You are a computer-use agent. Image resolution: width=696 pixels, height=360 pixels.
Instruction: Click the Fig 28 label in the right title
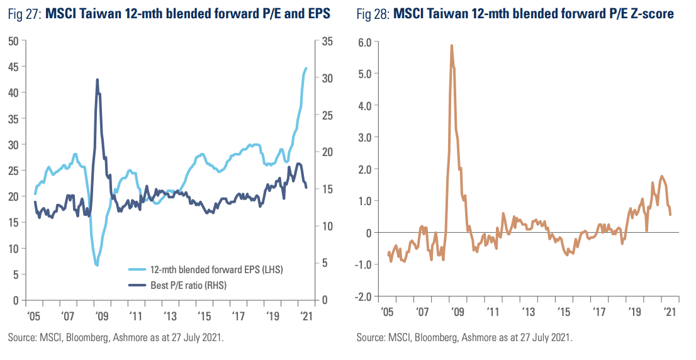[374, 13]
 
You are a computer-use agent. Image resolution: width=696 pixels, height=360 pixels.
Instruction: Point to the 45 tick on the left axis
[12, 67]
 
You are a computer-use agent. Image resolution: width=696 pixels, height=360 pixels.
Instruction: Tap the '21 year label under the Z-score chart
[670, 313]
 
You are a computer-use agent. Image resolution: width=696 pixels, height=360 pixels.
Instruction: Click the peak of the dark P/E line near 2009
[98, 79]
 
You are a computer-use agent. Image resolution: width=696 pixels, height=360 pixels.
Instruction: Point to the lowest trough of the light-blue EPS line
[97, 265]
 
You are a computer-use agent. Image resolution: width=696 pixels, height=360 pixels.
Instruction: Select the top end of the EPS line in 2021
[306, 68]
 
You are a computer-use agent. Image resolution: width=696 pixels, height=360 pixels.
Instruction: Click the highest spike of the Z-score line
[452, 45]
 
